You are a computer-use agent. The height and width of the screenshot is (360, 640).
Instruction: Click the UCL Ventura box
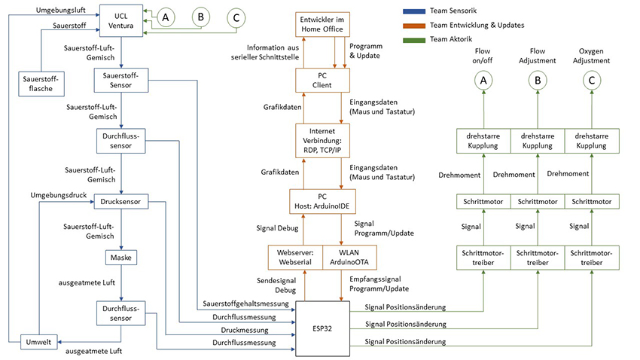[x=120, y=20]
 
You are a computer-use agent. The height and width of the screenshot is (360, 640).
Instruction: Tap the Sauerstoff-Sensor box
[x=120, y=79]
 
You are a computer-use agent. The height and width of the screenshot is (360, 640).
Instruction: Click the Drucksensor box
[x=120, y=201]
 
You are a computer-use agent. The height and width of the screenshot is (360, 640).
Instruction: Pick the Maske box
[x=120, y=258]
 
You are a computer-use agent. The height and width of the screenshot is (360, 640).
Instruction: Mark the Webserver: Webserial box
[x=294, y=257]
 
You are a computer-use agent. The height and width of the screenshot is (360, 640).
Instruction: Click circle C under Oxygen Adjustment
[x=592, y=78]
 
